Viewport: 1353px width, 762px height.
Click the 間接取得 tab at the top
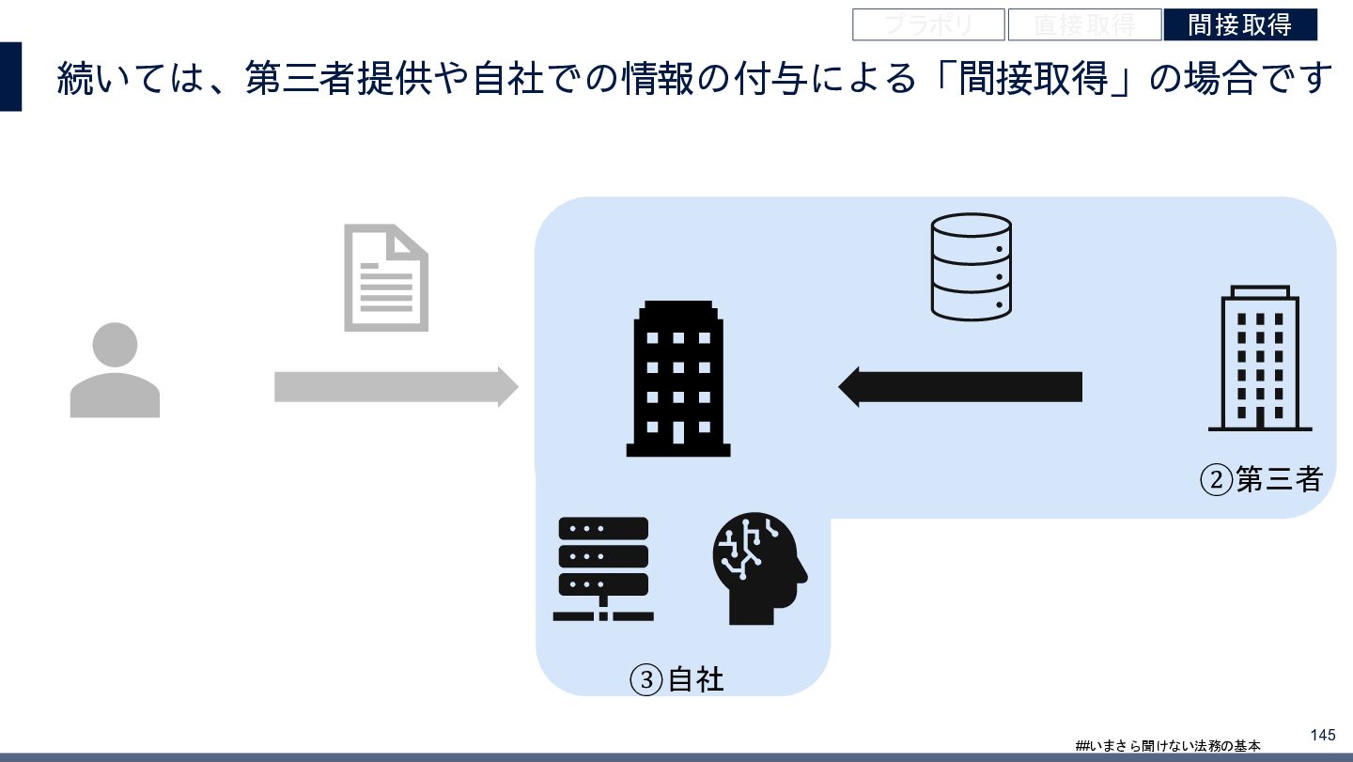1239,24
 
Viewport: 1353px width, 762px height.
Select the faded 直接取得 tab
1084,24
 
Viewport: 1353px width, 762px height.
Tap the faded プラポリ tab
928,24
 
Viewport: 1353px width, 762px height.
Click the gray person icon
115,370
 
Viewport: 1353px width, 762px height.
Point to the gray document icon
385,277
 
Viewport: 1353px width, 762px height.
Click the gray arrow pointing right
396,386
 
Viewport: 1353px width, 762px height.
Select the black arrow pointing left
960,386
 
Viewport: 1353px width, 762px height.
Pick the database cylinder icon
971,265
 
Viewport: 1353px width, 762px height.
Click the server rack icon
603,568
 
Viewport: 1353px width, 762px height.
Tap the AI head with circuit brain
760,568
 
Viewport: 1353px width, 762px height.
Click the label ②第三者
1261,480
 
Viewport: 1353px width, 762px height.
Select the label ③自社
677,679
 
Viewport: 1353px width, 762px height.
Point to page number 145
1322,733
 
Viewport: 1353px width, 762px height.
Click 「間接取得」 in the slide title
1030,79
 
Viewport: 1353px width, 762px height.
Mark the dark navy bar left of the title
10,77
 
